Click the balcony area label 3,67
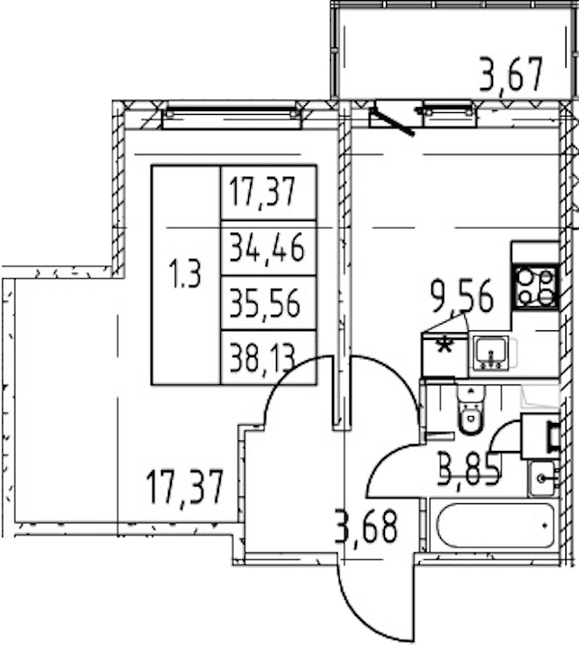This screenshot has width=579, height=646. click(x=510, y=75)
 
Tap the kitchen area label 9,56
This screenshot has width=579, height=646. click(x=461, y=295)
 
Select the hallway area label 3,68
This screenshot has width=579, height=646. click(x=367, y=527)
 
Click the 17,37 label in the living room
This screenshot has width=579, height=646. click(x=184, y=489)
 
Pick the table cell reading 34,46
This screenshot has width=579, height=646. click(x=267, y=247)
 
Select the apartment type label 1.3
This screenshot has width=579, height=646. click(x=185, y=274)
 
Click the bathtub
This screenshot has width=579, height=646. click(x=495, y=524)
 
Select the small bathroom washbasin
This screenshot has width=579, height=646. click(x=543, y=478)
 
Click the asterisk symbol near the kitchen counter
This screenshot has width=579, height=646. click(x=444, y=346)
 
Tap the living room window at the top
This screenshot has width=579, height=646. click(x=233, y=118)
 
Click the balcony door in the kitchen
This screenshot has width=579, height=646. click(x=392, y=121)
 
